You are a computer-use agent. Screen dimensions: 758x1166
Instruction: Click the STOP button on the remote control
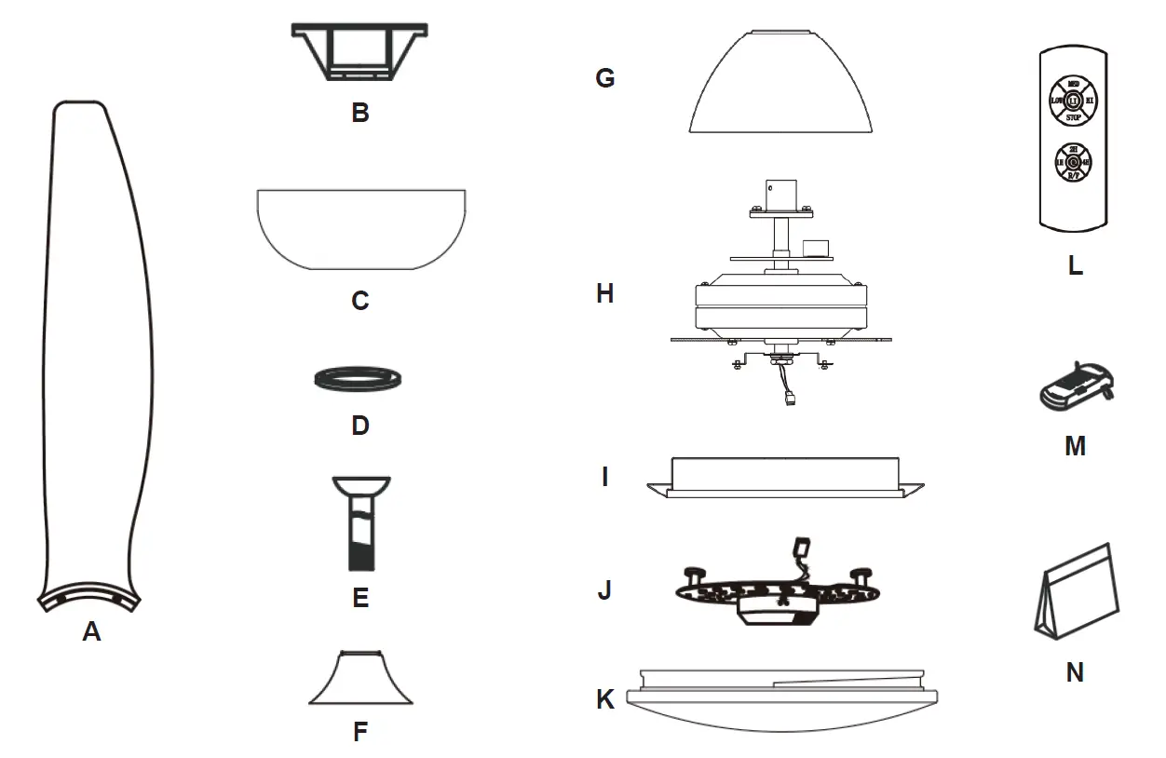pos(1073,118)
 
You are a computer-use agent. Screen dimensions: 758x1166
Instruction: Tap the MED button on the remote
pos(1073,83)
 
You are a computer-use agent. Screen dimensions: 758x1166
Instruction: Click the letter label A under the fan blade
pos(91,632)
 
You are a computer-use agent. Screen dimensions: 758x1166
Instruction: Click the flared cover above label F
pos(360,680)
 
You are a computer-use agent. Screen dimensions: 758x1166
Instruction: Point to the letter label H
pos(605,294)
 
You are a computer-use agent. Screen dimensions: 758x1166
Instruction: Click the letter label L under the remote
pos(1075,265)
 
